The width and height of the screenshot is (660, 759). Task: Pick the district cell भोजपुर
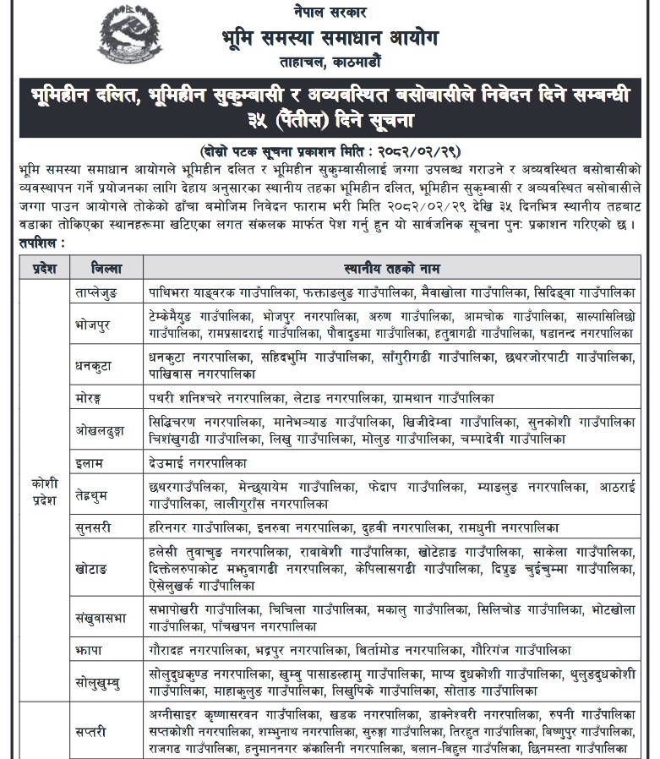[94, 325]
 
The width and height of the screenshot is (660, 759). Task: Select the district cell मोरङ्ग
[90, 396]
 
